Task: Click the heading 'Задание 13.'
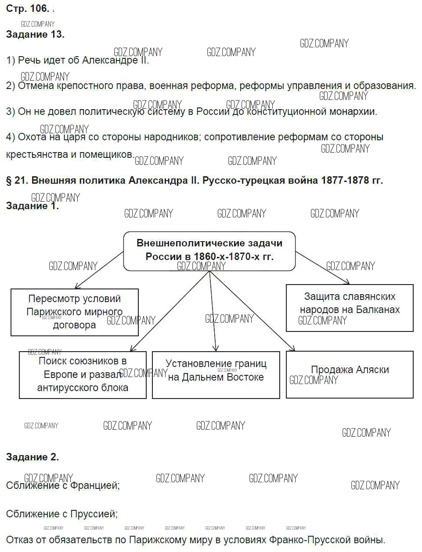(x=35, y=35)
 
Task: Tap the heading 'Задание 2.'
(x=32, y=457)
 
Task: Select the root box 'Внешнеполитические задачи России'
(x=209, y=250)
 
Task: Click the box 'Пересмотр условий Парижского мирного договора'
(x=74, y=312)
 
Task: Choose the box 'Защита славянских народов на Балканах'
(x=350, y=307)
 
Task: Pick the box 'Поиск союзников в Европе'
(x=83, y=374)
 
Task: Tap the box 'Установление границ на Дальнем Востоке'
(x=216, y=374)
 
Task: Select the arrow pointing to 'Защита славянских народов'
(x=323, y=267)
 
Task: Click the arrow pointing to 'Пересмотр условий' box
(x=99, y=270)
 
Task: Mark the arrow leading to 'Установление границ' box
(x=213, y=311)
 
